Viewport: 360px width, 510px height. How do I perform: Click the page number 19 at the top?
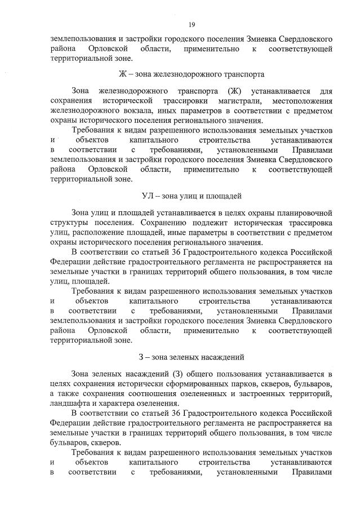(x=192, y=24)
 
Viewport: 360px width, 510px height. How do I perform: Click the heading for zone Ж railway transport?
(x=192, y=74)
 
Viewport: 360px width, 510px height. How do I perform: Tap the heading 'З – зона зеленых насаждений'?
(x=192, y=357)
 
